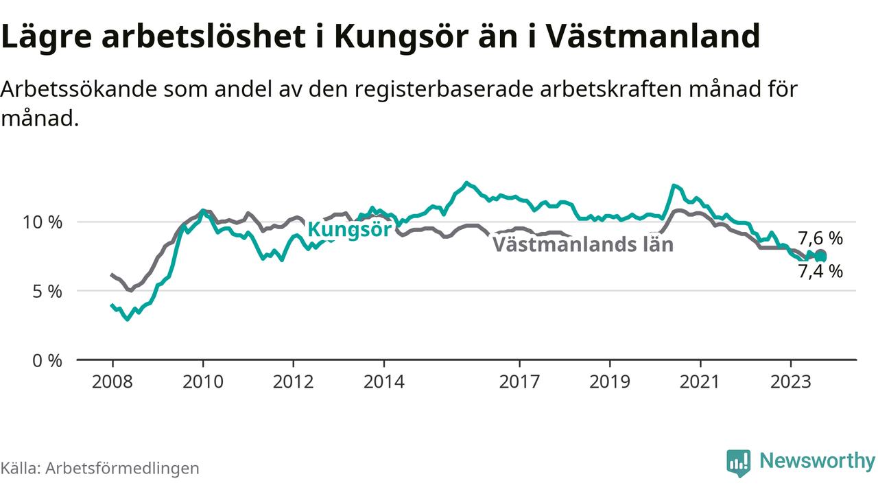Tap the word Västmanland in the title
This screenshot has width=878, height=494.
point(653,36)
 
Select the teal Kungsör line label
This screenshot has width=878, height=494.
point(350,229)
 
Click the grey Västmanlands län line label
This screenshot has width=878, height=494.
point(583,244)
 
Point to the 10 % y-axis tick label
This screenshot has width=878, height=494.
point(43,222)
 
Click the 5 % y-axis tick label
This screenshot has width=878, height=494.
point(47,292)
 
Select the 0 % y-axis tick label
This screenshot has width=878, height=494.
point(47,360)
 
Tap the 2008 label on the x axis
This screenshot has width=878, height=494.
point(112,381)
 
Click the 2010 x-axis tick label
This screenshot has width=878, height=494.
point(203,381)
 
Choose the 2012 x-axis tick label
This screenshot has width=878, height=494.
point(293,381)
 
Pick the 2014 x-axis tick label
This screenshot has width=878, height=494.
point(383,381)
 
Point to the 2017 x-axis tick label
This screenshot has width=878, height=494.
point(519,381)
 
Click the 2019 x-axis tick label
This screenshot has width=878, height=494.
point(610,381)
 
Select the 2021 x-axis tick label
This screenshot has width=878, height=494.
point(700,381)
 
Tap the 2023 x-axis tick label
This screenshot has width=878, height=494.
point(791,381)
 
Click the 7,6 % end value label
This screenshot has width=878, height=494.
point(820,238)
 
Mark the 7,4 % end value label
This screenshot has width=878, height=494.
point(820,271)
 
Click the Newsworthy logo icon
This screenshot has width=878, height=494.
point(739,463)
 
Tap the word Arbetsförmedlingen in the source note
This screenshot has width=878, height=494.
point(122,468)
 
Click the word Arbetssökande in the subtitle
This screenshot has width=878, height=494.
point(79,89)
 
